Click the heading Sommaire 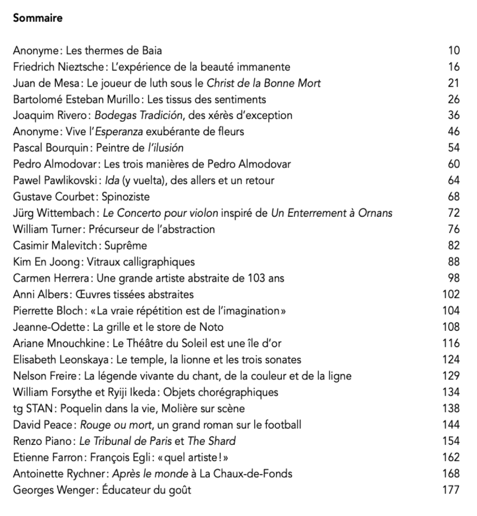tap(37, 19)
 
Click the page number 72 tap(453, 213)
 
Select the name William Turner tap(46, 230)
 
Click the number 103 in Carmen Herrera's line tap(256, 278)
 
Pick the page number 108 tap(451, 327)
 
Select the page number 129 tap(451, 376)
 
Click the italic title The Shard tap(211, 441)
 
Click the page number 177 tap(451, 489)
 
